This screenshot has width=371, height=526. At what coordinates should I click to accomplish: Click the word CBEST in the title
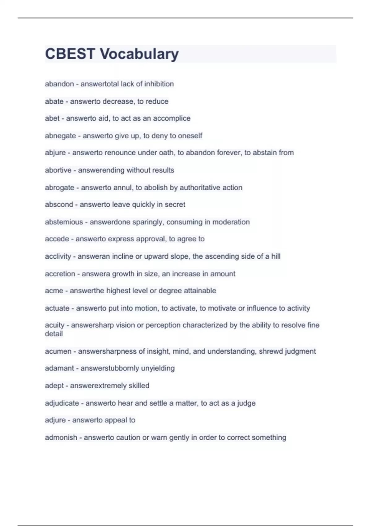(70, 54)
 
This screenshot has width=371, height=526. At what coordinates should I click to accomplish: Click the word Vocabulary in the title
(139, 54)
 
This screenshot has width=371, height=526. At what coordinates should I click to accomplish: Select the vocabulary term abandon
(59, 84)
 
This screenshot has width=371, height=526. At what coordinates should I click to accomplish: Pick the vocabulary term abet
(52, 118)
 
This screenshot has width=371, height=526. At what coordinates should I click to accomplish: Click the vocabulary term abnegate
(60, 136)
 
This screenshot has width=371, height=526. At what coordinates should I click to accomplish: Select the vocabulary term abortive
(58, 170)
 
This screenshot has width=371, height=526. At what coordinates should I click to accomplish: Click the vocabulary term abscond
(59, 205)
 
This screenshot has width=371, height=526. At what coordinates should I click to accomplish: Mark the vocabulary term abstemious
(64, 222)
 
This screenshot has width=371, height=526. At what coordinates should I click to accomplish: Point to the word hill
(276, 256)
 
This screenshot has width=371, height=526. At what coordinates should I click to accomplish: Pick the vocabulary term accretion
(60, 274)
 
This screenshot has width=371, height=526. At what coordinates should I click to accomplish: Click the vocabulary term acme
(54, 291)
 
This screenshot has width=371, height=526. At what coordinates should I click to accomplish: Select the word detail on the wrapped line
(54, 334)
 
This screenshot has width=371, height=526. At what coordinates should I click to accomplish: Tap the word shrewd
(271, 351)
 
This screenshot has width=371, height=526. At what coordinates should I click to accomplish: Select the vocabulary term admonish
(61, 438)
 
